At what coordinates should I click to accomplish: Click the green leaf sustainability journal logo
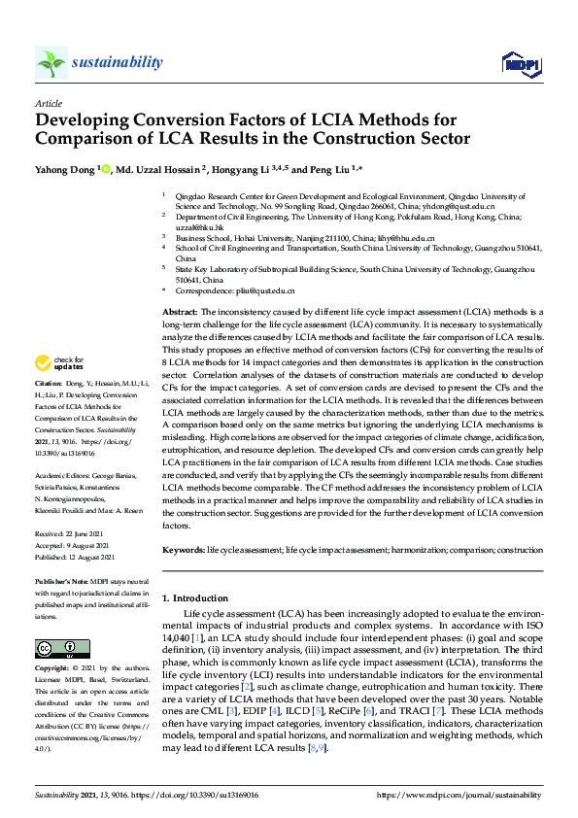[51, 63]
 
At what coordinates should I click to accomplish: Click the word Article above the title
[49, 102]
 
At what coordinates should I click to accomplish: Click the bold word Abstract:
[180, 309]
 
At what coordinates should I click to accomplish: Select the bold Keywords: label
[184, 550]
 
